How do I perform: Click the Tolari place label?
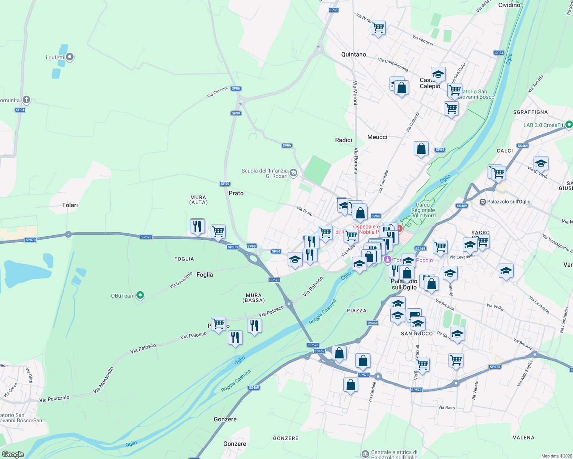pos(70,205)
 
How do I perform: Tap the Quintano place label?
pos(354,54)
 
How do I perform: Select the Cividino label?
pos(509,5)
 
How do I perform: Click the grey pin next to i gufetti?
pos(70,57)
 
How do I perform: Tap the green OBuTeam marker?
pos(140,295)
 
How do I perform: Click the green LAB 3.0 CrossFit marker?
pos(569,124)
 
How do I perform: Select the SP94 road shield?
pos(20,110)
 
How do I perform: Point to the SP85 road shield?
pos(334,10)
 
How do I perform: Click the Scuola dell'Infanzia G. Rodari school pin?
pos(293,173)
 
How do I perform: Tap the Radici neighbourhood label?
pos(344,140)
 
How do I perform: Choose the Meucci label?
pos(377,137)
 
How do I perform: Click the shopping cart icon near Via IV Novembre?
pos(378,28)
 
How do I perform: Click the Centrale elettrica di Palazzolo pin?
pos(365,454)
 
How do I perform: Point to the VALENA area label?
pos(523,438)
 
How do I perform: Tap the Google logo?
pos(13,454)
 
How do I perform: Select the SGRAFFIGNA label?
pos(530,112)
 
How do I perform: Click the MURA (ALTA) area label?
pos(198,200)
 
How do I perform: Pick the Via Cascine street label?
pos(217,92)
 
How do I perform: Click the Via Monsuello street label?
pos(103,380)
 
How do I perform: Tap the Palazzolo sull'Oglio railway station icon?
pos(483,202)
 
